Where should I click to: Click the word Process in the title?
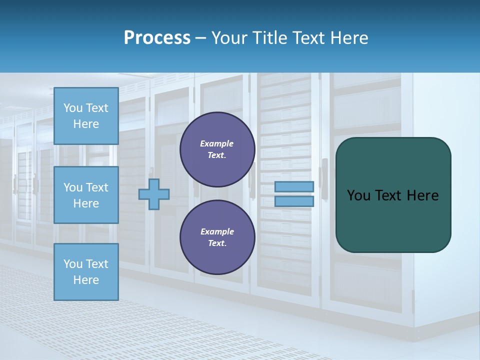[x=157, y=38]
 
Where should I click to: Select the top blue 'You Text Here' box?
[x=86, y=116]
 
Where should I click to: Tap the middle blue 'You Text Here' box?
[x=86, y=195]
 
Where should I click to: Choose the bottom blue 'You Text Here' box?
[x=86, y=272]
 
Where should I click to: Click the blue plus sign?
[x=154, y=194]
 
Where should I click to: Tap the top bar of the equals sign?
[x=294, y=186]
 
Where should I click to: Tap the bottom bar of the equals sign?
[x=294, y=201]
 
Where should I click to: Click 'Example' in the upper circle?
[x=216, y=143]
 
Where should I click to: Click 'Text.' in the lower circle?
[x=216, y=243]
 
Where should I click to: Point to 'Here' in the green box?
[x=422, y=195]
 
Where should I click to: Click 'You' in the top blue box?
[x=73, y=108]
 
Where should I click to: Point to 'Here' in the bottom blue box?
[x=86, y=280]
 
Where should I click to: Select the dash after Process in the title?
[x=201, y=38]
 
